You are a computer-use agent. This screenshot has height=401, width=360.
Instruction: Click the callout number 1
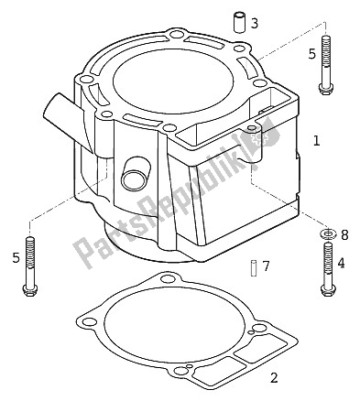(317, 140)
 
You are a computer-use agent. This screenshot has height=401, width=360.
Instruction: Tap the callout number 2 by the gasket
(274, 378)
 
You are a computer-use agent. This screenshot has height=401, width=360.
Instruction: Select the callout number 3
(254, 23)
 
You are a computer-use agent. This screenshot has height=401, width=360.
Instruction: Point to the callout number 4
(341, 263)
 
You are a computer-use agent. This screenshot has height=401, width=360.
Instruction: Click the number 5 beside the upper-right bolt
(311, 54)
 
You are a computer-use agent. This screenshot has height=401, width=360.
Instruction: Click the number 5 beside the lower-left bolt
(16, 258)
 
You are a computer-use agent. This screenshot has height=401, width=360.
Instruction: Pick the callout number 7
(266, 266)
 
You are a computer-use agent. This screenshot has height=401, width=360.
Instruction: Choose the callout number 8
(344, 235)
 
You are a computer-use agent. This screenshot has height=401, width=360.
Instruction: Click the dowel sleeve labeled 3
(238, 22)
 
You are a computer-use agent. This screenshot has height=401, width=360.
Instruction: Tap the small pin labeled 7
(254, 268)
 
